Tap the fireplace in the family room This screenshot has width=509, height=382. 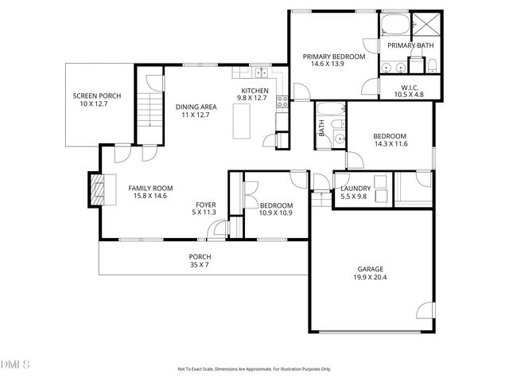(95, 189)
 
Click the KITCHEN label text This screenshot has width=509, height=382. (255, 91)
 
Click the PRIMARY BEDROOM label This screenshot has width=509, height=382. (334, 57)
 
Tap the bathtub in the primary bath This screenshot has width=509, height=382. (395, 25)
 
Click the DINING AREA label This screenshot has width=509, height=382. (196, 107)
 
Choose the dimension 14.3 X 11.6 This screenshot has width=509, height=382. (390, 144)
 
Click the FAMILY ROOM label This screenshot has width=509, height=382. (151, 188)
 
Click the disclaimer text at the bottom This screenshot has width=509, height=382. (254, 369)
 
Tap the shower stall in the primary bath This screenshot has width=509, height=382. (424, 24)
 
